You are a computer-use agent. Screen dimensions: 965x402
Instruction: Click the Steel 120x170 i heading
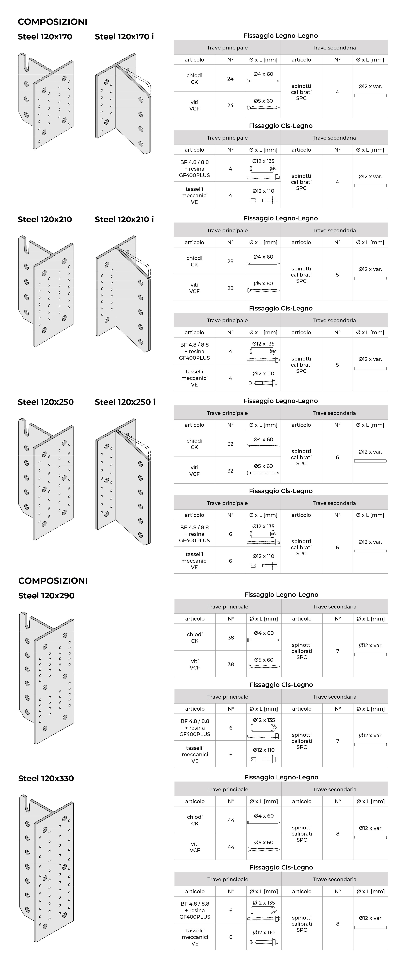point(124,37)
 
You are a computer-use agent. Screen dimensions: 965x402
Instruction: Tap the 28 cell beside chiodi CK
point(230,261)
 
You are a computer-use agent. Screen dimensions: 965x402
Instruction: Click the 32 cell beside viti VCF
point(230,470)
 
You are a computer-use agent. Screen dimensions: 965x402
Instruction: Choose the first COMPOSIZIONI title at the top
point(52,22)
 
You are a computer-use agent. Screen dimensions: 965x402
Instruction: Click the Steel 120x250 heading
point(46,402)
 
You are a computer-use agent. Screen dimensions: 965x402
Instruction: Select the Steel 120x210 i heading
point(124,220)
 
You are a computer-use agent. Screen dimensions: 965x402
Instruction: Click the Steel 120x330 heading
point(46,778)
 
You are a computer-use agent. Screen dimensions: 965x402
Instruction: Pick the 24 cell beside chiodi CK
point(230,79)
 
